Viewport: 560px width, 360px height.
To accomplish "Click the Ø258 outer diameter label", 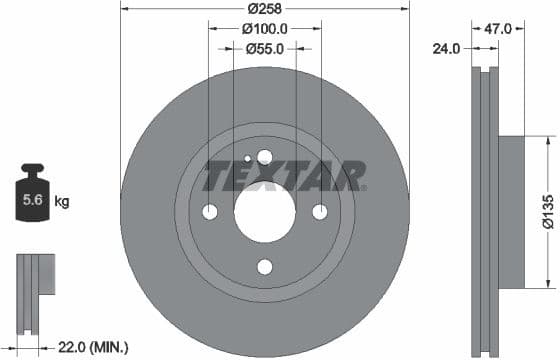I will pos(265,8).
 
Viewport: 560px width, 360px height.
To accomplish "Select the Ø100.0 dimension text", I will pos(265,29).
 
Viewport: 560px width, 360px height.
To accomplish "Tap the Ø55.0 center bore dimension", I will pos(265,48).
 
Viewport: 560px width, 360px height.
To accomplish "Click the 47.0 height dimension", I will pos(497,29).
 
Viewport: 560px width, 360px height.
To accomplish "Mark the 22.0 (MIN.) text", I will pos(93,346).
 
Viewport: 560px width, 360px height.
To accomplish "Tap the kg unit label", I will pos(62,202).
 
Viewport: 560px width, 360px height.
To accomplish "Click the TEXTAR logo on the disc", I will pos(285,177).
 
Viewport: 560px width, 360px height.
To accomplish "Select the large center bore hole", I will pos(265,211).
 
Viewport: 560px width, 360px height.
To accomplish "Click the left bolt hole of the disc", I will pos(210,212).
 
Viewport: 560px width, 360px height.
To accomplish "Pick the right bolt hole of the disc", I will pos(320,212).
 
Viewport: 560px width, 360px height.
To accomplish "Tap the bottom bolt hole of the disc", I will pos(265,266).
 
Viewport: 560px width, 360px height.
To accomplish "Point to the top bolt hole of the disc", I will pos(265,156).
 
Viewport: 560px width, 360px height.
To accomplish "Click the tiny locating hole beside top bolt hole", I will pos(247,159).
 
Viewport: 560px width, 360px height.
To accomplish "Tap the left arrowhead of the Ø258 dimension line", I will pos(123,9).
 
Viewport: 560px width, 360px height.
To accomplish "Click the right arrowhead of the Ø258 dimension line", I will pos(407,9).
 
